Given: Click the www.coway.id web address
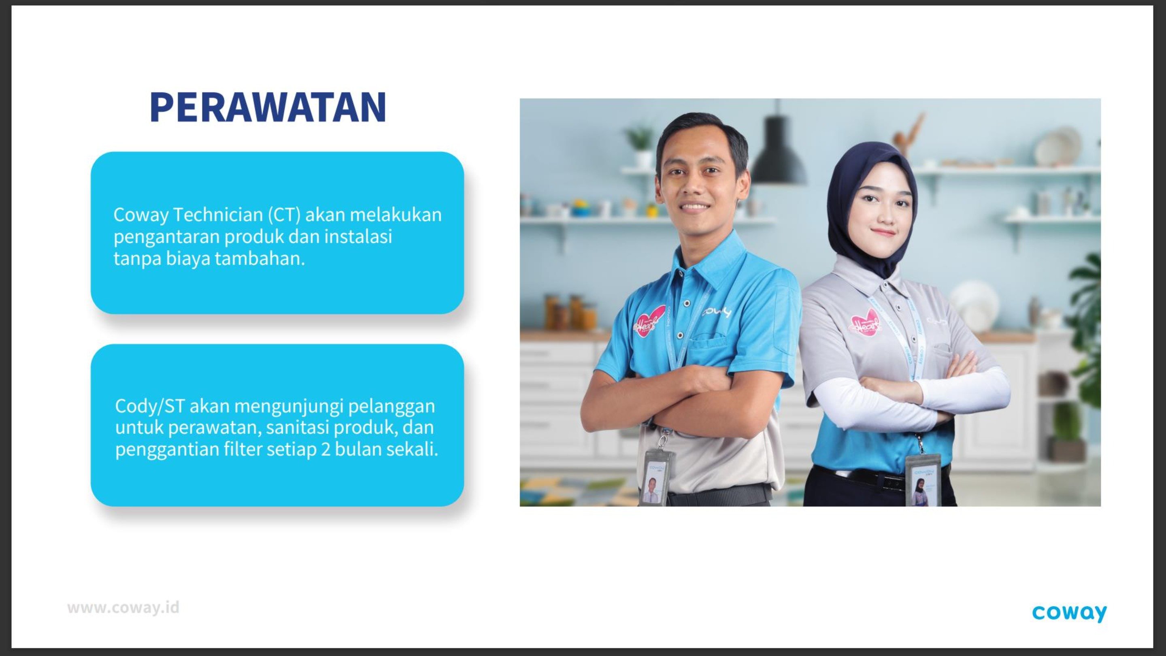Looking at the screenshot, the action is [123, 607].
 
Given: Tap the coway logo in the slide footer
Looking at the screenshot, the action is [1069, 613].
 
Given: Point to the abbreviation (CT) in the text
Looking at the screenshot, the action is [284, 215].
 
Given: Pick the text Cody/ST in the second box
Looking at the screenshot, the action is [150, 407].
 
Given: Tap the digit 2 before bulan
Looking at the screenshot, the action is [326, 449].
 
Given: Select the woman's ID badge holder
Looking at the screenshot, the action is [923, 480].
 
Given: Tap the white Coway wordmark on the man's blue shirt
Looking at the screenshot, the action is [717, 312].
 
